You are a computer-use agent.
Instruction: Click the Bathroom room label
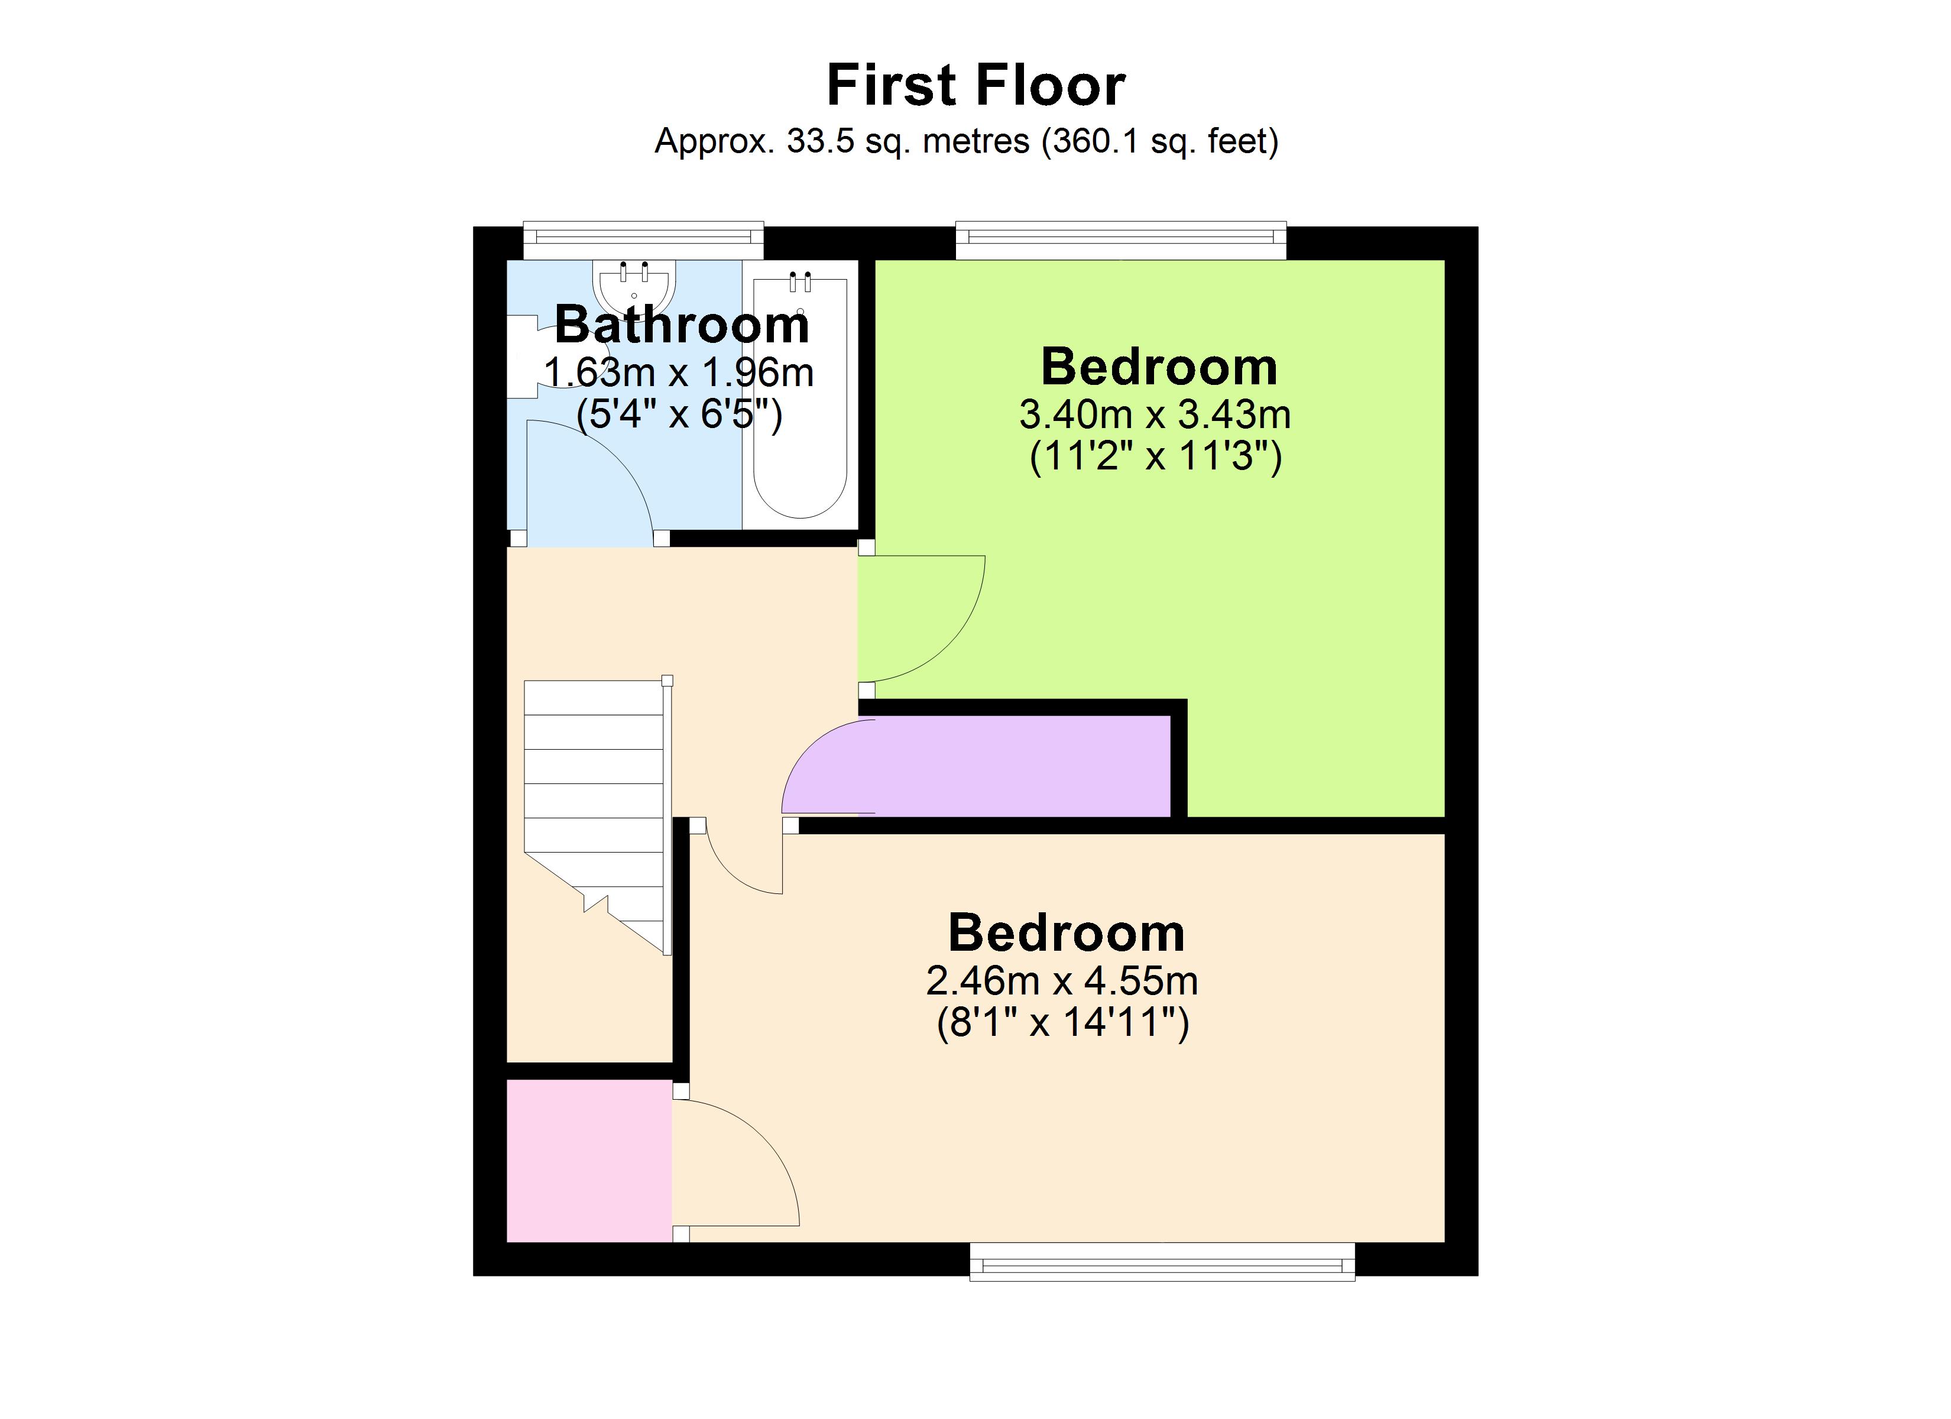tap(681, 325)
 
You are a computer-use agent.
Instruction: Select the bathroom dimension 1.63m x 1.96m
tap(679, 372)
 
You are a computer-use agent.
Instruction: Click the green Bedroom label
tap(1159, 367)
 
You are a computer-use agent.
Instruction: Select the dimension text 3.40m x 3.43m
tap(1155, 415)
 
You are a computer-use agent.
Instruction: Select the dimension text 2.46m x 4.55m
tap(1062, 981)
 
